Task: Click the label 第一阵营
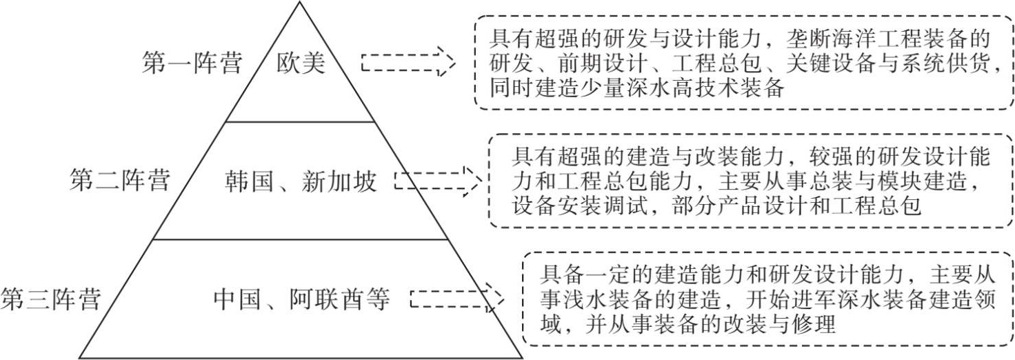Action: pos(192,64)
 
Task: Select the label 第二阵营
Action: pos(119,181)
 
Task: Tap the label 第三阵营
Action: pos(51,299)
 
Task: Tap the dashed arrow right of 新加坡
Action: pos(438,181)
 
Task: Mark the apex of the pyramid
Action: pos(300,3)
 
